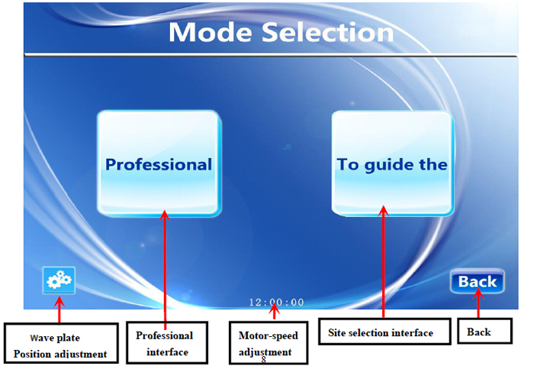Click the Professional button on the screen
[x=159, y=163]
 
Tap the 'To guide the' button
[x=392, y=163]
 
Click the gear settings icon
[x=59, y=280]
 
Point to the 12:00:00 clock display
[x=276, y=303]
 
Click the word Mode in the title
[x=210, y=32]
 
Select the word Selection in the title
[x=327, y=32]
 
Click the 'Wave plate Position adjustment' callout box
[x=61, y=343]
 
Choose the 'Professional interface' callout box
[x=167, y=342]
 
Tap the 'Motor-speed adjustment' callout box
[x=269, y=343]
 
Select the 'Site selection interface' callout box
[x=384, y=332]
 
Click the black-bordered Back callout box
[x=484, y=331]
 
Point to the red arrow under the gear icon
[x=60, y=309]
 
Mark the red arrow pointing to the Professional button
[x=165, y=270]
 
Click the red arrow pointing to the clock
[x=275, y=311]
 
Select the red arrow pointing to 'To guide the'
[x=384, y=261]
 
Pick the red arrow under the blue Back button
[x=478, y=303]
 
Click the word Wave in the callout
[x=38, y=338]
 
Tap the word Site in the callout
[x=336, y=332]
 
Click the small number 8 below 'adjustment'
[x=264, y=360]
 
